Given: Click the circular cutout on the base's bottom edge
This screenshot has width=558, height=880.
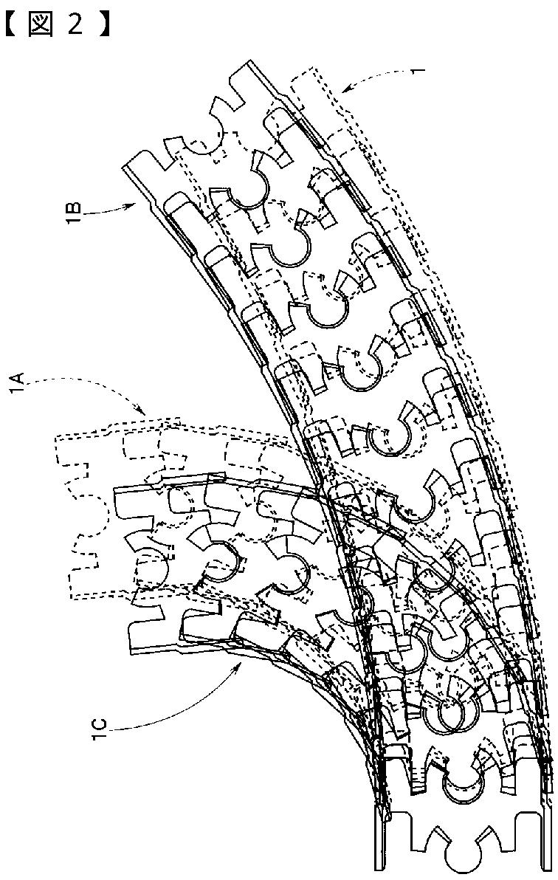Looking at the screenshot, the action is point(462,864).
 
